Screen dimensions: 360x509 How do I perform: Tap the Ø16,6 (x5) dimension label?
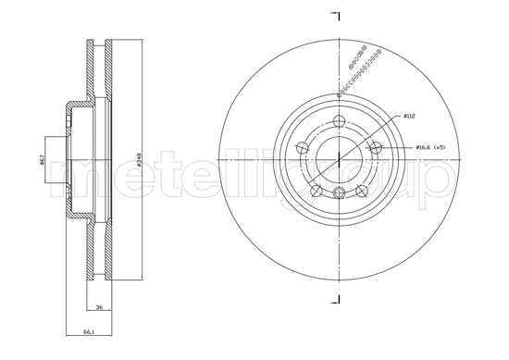click(x=431, y=147)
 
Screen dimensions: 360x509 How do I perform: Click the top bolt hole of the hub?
click(x=339, y=120)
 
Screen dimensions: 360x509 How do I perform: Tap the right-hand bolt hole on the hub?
click(x=376, y=147)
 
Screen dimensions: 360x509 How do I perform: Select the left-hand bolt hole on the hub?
click(x=302, y=147)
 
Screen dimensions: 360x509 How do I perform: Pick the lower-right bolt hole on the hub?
click(x=362, y=191)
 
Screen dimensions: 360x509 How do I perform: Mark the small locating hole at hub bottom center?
click(x=339, y=192)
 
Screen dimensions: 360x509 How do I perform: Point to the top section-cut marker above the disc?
click(x=337, y=17)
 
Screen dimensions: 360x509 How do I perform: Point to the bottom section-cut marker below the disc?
click(x=337, y=301)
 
